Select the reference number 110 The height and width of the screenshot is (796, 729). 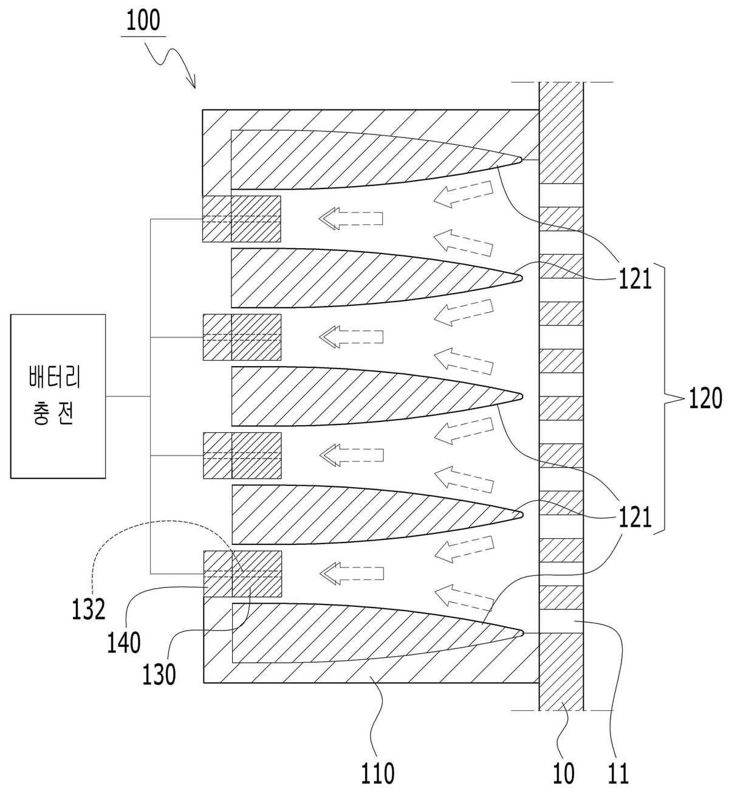click(x=377, y=773)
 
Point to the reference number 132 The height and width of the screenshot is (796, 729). click(x=89, y=609)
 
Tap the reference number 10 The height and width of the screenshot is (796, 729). click(x=563, y=773)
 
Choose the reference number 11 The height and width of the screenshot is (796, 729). click(x=618, y=773)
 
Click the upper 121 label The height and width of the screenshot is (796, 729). click(x=635, y=279)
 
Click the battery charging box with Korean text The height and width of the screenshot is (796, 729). click(x=58, y=396)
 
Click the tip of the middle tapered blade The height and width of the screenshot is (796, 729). click(x=523, y=396)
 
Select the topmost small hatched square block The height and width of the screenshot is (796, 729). click(x=241, y=219)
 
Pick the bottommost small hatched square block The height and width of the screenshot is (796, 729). click(x=242, y=574)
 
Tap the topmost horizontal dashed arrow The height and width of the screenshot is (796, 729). click(x=351, y=219)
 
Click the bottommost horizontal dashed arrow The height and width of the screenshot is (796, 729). click(x=352, y=573)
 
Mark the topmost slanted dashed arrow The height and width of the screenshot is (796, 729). click(x=463, y=194)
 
